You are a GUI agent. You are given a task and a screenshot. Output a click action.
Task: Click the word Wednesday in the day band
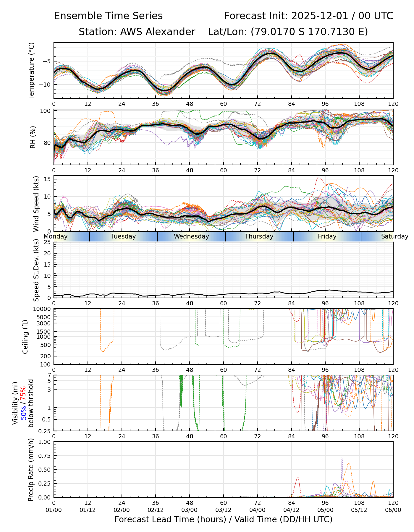[x=191, y=236]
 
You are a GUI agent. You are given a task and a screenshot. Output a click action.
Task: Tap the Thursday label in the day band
[x=259, y=236]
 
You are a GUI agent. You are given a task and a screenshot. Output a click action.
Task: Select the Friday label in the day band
[x=327, y=236]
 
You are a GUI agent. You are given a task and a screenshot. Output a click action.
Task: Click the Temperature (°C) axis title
[x=32, y=70]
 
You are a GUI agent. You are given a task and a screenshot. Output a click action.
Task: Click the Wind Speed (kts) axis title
[x=36, y=204]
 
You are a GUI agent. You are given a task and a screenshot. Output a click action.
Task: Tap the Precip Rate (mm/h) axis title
[x=31, y=470]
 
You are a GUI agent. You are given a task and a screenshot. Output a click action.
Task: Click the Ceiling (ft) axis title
[x=25, y=337]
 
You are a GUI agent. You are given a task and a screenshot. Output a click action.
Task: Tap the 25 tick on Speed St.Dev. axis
[x=47, y=242]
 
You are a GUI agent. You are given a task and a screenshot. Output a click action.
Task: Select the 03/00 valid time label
[x=190, y=510]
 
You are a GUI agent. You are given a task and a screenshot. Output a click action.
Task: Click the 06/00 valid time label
[x=393, y=510]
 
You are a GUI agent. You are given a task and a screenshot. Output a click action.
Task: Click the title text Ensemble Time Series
[x=108, y=16]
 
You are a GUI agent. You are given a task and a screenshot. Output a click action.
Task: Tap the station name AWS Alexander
[x=157, y=32]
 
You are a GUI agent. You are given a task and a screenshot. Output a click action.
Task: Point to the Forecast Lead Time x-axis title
[x=223, y=519]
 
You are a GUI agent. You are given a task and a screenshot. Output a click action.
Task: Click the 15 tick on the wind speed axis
[x=47, y=179]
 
